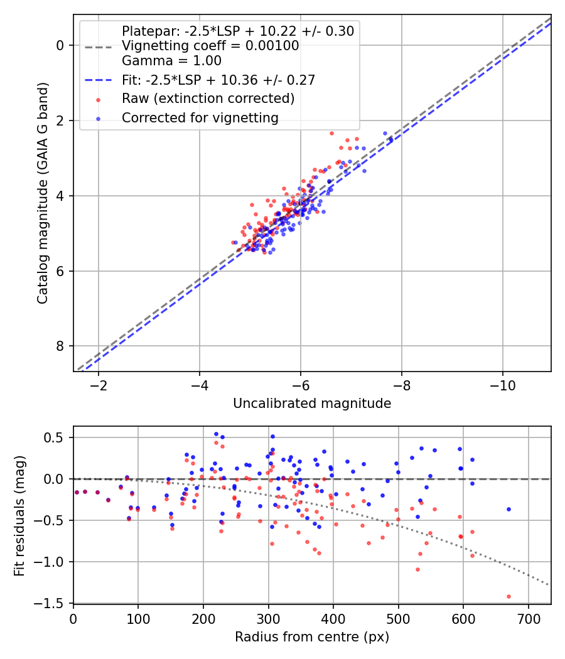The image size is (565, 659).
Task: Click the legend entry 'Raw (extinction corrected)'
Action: (x=208, y=99)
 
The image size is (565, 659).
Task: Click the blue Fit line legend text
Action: (x=218, y=80)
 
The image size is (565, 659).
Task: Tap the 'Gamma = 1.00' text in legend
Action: (x=171, y=61)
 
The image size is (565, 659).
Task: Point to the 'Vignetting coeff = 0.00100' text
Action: (x=210, y=46)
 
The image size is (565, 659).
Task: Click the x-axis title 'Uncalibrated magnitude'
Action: (x=312, y=404)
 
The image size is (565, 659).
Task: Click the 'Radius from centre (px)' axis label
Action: (x=312, y=637)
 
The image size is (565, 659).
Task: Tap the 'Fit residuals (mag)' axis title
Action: (x=19, y=515)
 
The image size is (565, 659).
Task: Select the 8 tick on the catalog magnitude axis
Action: (x=60, y=346)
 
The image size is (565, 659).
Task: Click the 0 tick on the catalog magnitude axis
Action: (x=60, y=45)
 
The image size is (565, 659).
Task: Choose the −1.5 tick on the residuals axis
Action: (x=53, y=603)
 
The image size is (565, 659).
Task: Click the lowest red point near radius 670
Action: (x=508, y=596)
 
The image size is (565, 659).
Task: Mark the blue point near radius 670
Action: (x=508, y=509)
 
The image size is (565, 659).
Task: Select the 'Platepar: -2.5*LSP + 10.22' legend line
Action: (x=237, y=31)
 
